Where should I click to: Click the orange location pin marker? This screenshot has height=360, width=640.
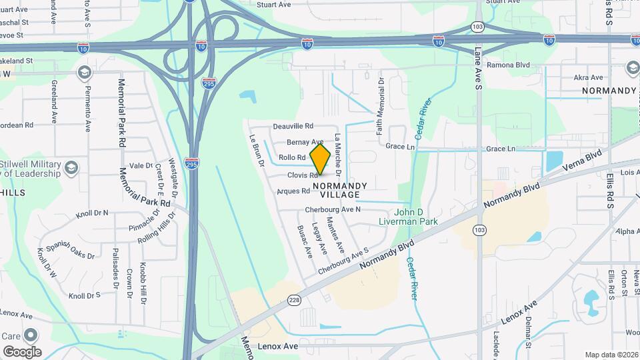(320, 159)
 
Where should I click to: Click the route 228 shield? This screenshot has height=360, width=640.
(295, 301)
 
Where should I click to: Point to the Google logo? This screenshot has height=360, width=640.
(22, 351)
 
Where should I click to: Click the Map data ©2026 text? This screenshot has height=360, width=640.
(611, 355)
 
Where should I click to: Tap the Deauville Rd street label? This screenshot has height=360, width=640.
(293, 126)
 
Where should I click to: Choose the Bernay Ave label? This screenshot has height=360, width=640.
(305, 142)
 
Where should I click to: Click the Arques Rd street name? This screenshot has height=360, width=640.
(293, 191)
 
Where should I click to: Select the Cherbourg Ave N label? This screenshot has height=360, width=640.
(333, 209)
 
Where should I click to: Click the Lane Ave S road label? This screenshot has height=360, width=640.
(478, 67)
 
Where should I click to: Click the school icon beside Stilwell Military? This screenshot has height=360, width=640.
(70, 169)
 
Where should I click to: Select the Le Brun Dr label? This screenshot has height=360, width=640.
(257, 151)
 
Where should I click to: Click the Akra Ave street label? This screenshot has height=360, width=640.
(589, 77)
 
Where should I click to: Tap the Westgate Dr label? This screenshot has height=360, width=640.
(174, 174)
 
